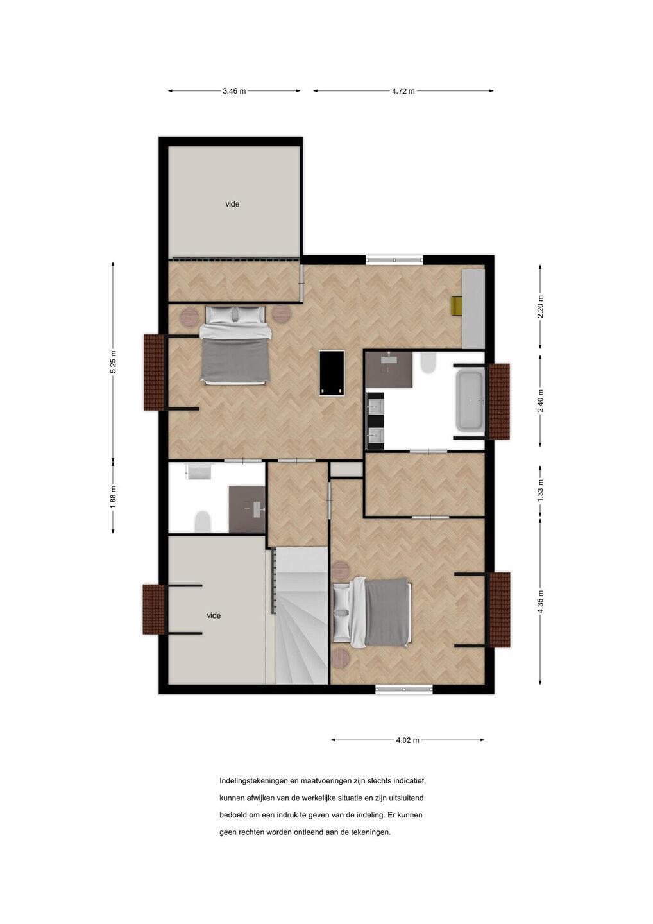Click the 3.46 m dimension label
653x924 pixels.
(233, 91)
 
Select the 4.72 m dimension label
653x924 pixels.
(403, 91)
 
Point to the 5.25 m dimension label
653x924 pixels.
(113, 362)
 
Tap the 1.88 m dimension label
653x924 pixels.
(113, 497)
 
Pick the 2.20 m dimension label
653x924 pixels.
(541, 307)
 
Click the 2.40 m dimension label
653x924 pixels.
(541, 400)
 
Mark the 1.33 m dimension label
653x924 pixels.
(541, 490)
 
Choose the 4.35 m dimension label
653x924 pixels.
(541, 602)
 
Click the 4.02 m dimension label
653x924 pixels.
(407, 740)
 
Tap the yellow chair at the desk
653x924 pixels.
(457, 306)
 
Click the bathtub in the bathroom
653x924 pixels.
(470, 400)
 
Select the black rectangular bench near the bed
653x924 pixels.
(332, 373)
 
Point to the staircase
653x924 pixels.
(301, 615)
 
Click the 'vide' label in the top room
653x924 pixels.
(232, 204)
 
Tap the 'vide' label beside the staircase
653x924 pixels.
(214, 615)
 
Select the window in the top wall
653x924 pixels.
(394, 260)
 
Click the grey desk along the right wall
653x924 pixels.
(473, 309)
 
